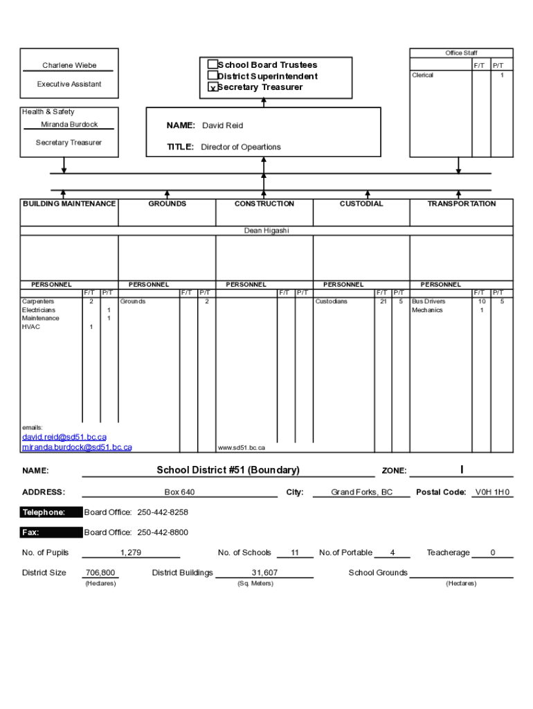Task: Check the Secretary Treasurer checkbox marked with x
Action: click(x=213, y=88)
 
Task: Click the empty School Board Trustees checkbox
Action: click(x=213, y=64)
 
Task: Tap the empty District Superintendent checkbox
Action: click(x=213, y=75)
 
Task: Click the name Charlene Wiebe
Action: click(x=69, y=66)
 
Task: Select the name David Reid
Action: click(x=222, y=126)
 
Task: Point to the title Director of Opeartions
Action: click(x=241, y=147)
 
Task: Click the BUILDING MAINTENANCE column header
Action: click(x=69, y=204)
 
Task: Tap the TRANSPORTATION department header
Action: click(x=461, y=204)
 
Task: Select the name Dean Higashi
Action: click(x=266, y=231)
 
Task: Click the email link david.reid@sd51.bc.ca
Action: click(x=64, y=437)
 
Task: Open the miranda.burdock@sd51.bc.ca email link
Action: click(x=77, y=447)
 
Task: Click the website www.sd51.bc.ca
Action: click(x=242, y=448)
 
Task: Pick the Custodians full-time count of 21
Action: click(x=383, y=302)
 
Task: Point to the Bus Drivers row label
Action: click(x=428, y=302)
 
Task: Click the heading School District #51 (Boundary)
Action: click(x=228, y=470)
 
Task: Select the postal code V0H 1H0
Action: click(x=492, y=492)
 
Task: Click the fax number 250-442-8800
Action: click(x=163, y=532)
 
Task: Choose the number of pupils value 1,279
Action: click(x=131, y=553)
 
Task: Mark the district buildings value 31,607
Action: click(x=264, y=573)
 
